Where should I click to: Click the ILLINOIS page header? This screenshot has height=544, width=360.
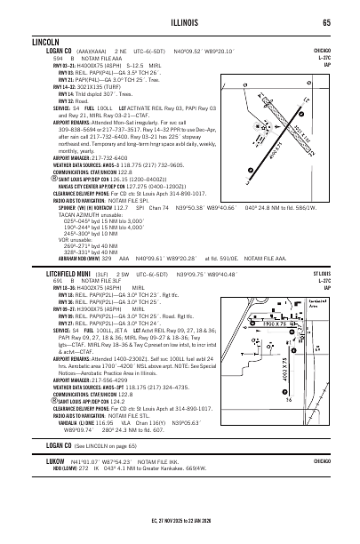pyautogui.click(x=179, y=22)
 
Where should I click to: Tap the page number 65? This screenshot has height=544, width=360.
pyautogui.click(x=327, y=22)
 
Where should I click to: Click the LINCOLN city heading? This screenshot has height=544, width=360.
pyautogui.click(x=46, y=42)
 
